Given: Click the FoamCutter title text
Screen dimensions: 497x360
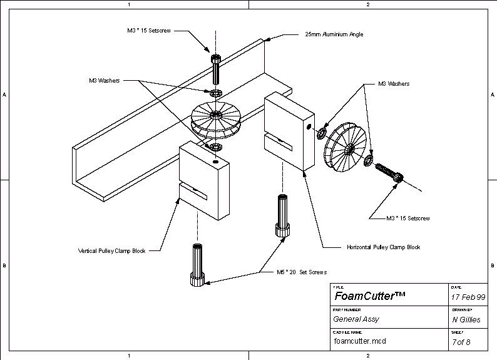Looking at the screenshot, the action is coord(369,296).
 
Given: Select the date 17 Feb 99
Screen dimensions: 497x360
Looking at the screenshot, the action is coord(468,297).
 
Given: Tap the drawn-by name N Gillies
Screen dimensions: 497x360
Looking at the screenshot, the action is coord(466,320).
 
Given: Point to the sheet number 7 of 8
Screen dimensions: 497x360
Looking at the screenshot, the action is coord(461,342).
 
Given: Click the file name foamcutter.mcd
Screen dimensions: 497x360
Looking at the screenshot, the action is coord(360,341).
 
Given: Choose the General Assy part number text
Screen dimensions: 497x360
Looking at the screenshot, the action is coord(356,319).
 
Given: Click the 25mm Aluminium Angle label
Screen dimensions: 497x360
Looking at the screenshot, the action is coord(334,34).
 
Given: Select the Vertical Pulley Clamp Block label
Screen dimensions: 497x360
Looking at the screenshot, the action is coord(111,250).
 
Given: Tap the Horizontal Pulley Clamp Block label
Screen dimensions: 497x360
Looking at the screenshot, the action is coord(383,247).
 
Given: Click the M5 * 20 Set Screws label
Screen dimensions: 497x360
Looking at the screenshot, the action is coord(302,272).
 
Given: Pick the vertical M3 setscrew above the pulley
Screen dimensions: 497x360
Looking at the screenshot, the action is coord(216,69).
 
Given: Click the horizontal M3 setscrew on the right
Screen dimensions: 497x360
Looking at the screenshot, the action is coord(389,172).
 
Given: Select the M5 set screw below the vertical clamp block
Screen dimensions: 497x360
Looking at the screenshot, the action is coord(197,265).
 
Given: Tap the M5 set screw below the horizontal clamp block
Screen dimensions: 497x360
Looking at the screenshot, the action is coord(282,215).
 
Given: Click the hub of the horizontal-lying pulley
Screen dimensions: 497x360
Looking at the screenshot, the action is coord(216,115).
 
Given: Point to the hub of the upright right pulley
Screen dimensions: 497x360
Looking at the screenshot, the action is coord(350,148).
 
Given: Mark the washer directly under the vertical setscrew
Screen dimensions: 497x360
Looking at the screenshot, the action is coord(215,93).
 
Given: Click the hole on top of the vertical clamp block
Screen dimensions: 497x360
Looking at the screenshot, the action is coord(215,162).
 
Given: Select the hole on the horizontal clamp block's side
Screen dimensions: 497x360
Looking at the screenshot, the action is coord(308,126).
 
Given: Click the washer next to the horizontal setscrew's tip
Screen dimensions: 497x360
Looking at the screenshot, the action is coord(369,160).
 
